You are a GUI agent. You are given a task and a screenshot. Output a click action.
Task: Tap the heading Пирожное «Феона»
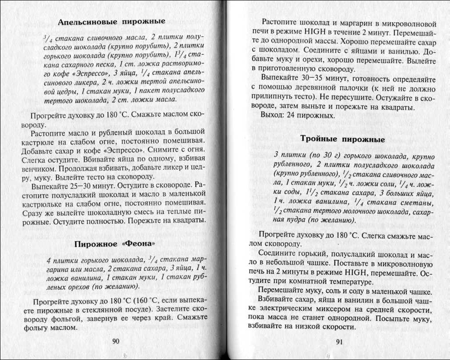click(115, 244)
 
